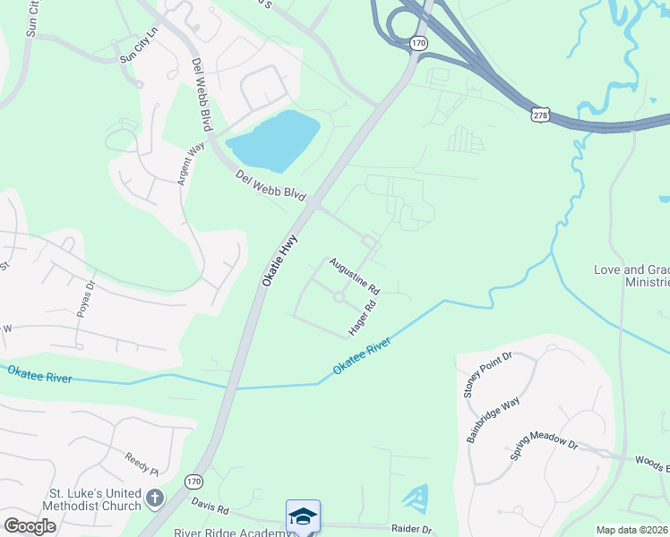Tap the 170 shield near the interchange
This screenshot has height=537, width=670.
pos(418,43)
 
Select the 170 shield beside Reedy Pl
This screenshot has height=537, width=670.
pos(193,482)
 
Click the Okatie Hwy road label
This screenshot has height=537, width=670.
pos(279,260)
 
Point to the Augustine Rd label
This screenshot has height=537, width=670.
pos(355,277)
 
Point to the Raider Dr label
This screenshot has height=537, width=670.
pos(412,529)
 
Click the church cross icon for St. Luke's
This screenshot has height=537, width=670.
pos(155,497)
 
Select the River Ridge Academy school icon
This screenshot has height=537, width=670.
pos(303,516)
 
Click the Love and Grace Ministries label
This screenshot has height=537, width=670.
pos(631,276)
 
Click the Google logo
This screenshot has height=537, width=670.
pos(30,526)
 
